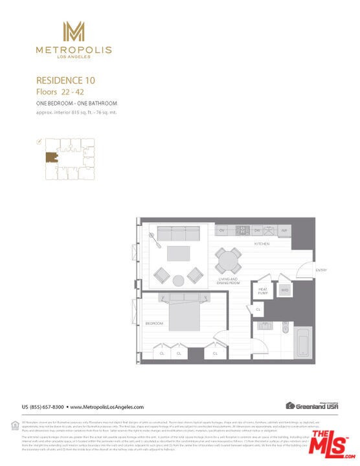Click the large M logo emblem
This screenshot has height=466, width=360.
73,32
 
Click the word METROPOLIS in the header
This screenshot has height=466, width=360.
73,50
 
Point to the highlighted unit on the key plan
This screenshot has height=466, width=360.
51,157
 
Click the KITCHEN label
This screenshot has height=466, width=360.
262,244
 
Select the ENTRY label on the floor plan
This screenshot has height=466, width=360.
321,270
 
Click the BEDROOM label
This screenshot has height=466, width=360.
154,322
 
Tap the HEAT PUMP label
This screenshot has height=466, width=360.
263,291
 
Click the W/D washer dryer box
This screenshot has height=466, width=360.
284,291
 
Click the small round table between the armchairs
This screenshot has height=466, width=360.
179,280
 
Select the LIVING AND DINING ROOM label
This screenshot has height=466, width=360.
229,281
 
